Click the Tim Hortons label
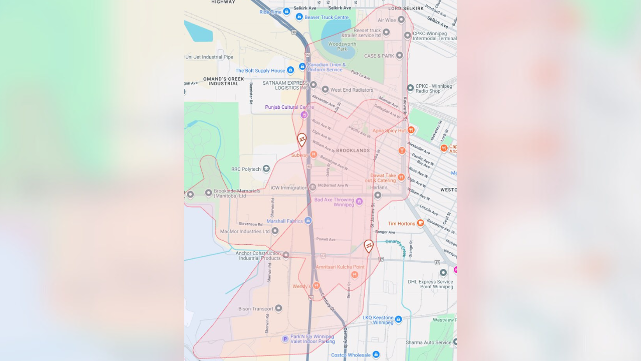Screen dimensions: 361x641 [x=402, y=224]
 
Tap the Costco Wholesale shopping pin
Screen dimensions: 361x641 [x=376, y=355]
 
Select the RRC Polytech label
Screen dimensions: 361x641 [x=246, y=169]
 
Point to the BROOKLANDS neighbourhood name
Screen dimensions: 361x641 [x=353, y=150]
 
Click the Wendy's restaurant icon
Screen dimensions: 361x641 [x=316, y=286]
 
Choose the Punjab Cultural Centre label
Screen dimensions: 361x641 [x=289, y=107]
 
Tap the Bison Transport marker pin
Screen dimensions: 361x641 [x=278, y=309]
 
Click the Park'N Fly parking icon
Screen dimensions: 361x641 [x=285, y=339]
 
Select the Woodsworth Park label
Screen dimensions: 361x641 [x=342, y=47]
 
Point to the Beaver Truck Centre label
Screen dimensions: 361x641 [x=327, y=18]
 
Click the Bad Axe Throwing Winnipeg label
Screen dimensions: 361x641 [x=334, y=202]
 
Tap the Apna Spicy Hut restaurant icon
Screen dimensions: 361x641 [x=411, y=130]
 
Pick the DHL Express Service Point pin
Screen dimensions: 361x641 [x=443, y=273]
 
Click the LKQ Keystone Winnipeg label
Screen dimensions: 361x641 [x=378, y=320]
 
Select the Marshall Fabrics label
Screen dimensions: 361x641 [x=284, y=221]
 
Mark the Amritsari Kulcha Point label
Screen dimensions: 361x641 [x=340, y=267]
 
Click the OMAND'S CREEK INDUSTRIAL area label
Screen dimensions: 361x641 [x=223, y=81]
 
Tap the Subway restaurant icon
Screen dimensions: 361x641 [x=313, y=155]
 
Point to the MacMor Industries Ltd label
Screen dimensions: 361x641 [x=245, y=232]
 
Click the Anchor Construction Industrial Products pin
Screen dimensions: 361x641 [x=286, y=255]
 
